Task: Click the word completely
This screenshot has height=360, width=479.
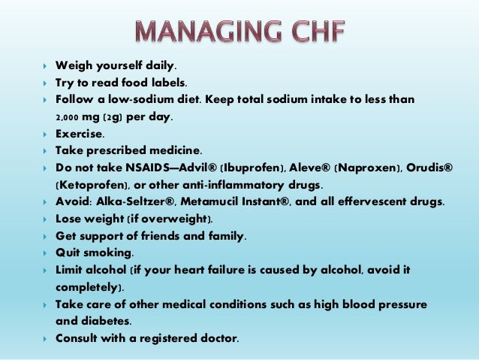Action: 87,287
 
